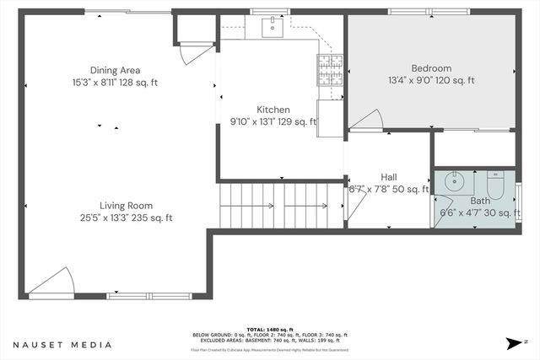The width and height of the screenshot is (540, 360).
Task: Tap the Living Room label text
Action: pyautogui.click(x=126, y=205)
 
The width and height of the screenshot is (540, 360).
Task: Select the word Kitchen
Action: pyautogui.click(x=273, y=110)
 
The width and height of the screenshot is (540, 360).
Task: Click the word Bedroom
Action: pyautogui.click(x=431, y=68)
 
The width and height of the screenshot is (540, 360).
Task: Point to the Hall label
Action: pyautogui.click(x=389, y=177)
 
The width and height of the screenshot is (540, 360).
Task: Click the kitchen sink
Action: pyautogui.click(x=272, y=28)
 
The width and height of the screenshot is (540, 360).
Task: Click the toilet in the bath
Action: pyautogui.click(x=495, y=183)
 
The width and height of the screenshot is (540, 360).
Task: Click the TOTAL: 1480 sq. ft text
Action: pyautogui.click(x=270, y=329)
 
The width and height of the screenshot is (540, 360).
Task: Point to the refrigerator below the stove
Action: pyautogui.click(x=330, y=113)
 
